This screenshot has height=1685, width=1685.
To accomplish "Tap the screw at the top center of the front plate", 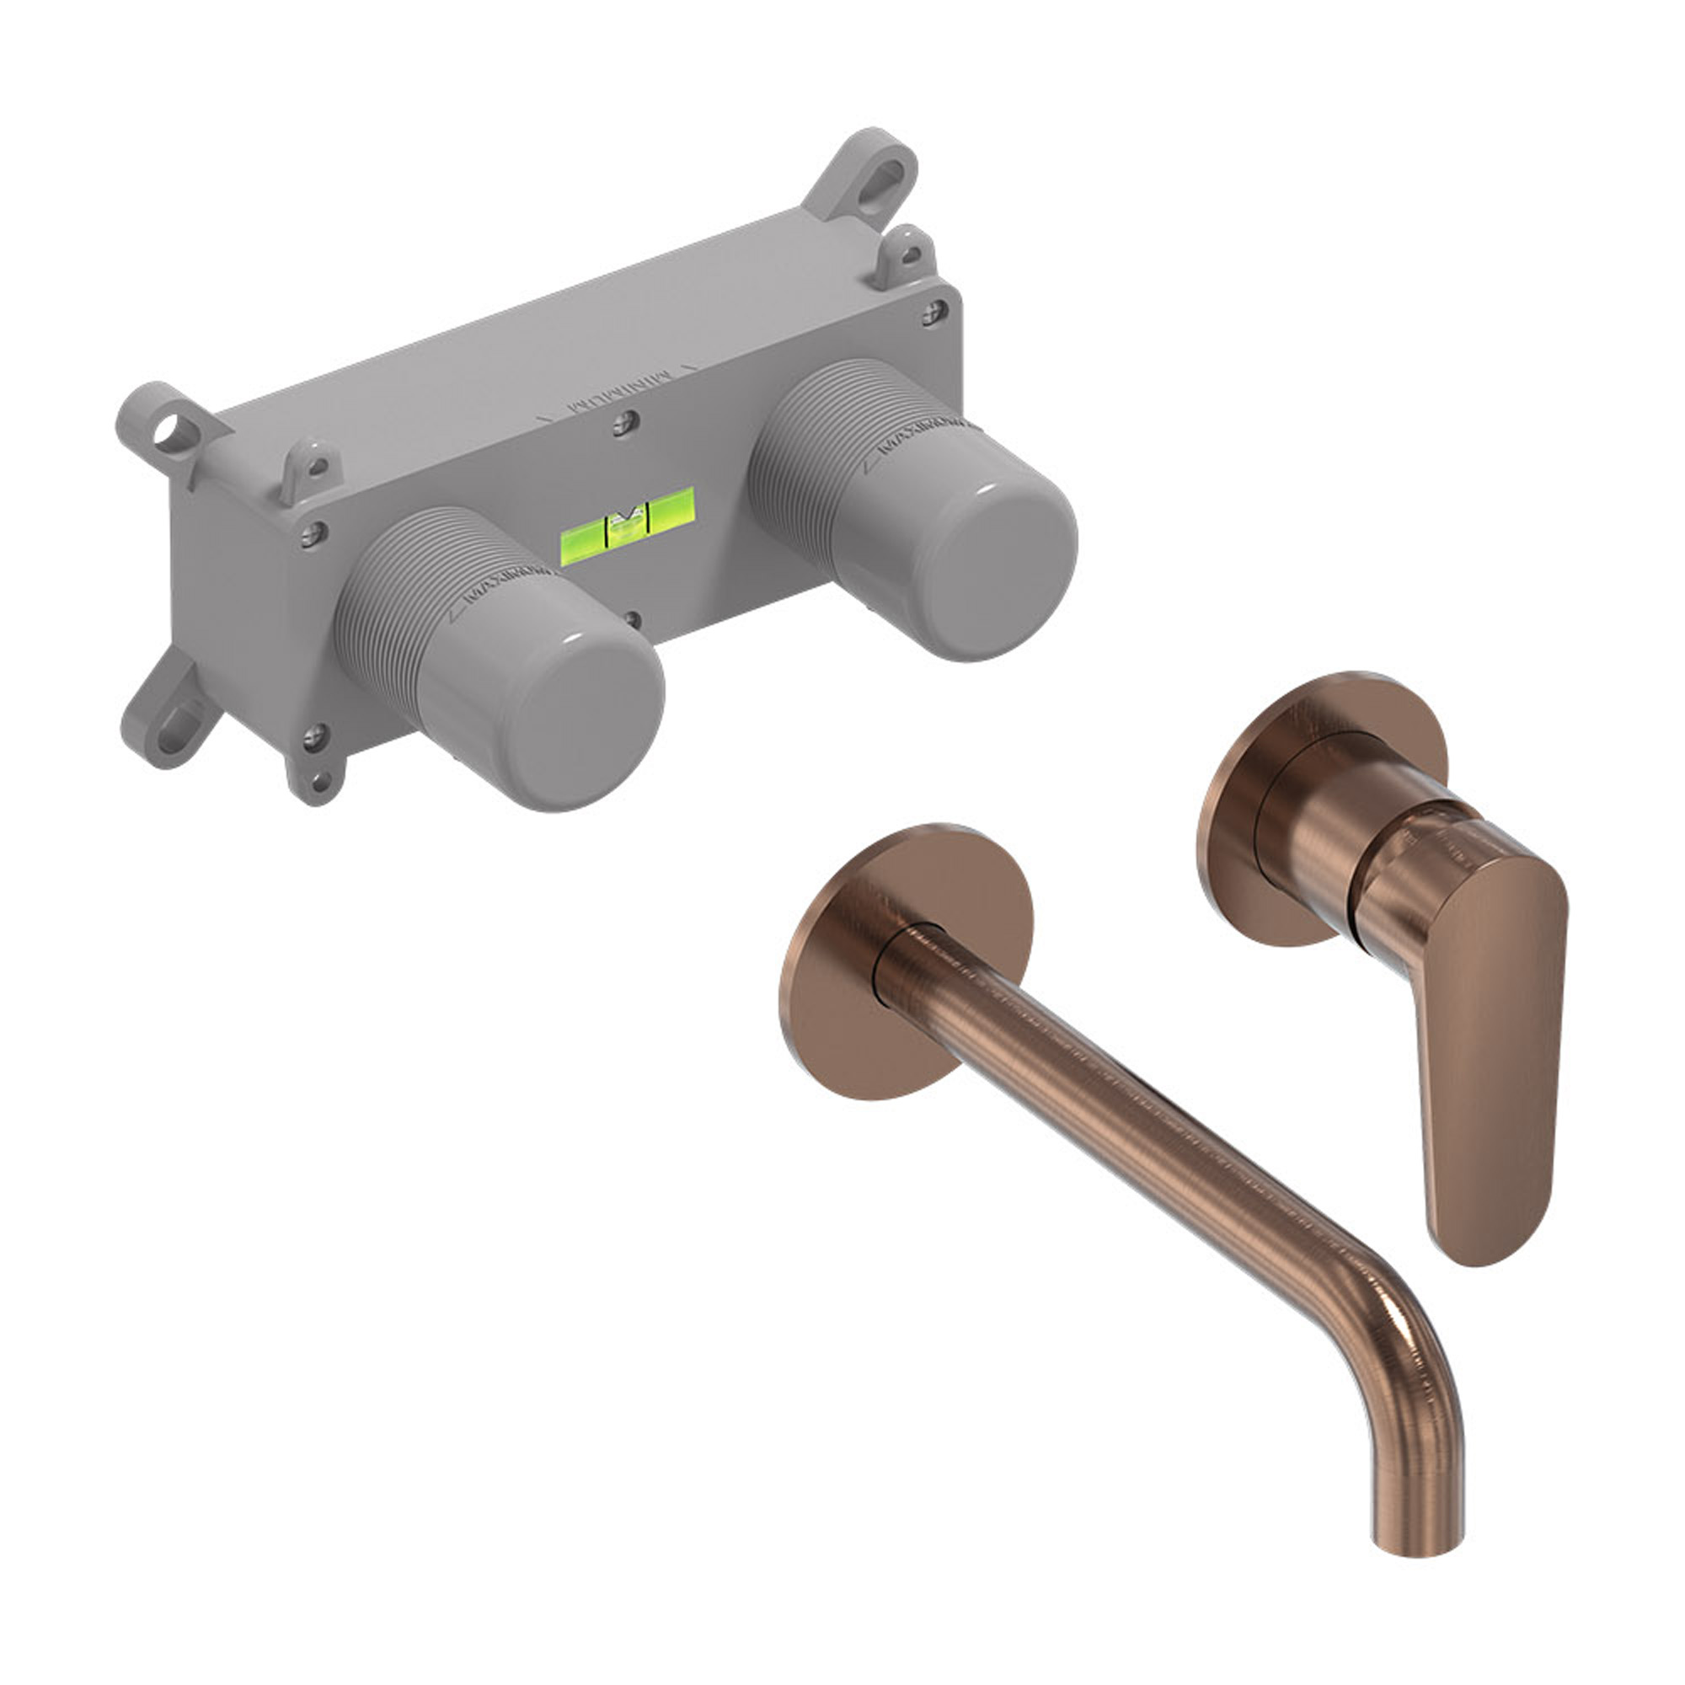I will pyautogui.click(x=622, y=425).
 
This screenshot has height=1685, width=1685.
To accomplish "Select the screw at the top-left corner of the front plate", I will pyautogui.click(x=312, y=534).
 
